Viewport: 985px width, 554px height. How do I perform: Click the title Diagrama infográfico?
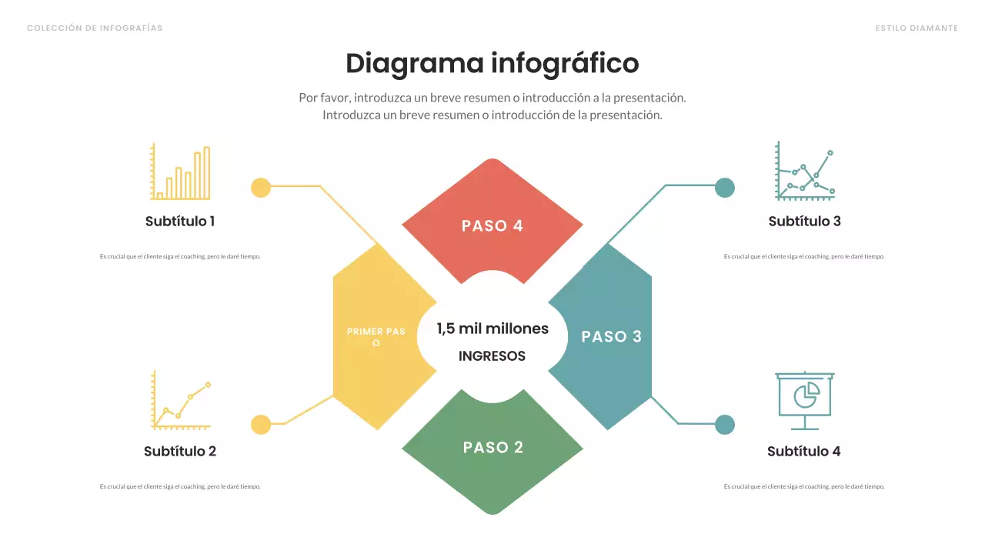[x=492, y=63]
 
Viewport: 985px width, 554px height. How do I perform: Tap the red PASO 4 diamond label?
[x=492, y=225]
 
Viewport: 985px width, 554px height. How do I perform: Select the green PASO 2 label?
[x=492, y=447]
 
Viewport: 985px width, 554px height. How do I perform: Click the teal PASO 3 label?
[x=611, y=336]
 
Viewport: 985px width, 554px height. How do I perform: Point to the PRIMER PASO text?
[x=376, y=337]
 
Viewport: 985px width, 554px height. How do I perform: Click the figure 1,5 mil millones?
[x=492, y=329]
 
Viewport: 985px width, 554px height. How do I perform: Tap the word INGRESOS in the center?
[x=492, y=356]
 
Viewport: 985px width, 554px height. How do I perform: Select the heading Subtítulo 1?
[x=180, y=222]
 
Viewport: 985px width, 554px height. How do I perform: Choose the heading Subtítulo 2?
[x=180, y=452]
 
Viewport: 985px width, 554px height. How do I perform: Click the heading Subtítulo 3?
[x=804, y=222]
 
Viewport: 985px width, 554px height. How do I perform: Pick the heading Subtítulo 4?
[x=803, y=452]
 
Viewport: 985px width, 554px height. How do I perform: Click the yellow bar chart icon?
[x=180, y=172]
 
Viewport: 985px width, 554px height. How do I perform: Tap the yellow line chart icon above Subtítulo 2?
[x=181, y=400]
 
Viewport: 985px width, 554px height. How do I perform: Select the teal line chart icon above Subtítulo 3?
[x=805, y=171]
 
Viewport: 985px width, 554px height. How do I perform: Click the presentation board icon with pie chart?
[x=804, y=400]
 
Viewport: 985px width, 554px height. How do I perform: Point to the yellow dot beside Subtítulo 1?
[x=261, y=187]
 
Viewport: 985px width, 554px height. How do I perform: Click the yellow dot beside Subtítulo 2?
[x=261, y=425]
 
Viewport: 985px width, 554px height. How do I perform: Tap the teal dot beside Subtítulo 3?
[x=725, y=187]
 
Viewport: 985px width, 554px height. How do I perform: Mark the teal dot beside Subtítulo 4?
[x=725, y=425]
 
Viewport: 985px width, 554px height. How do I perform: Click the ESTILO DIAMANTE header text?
[x=917, y=28]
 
